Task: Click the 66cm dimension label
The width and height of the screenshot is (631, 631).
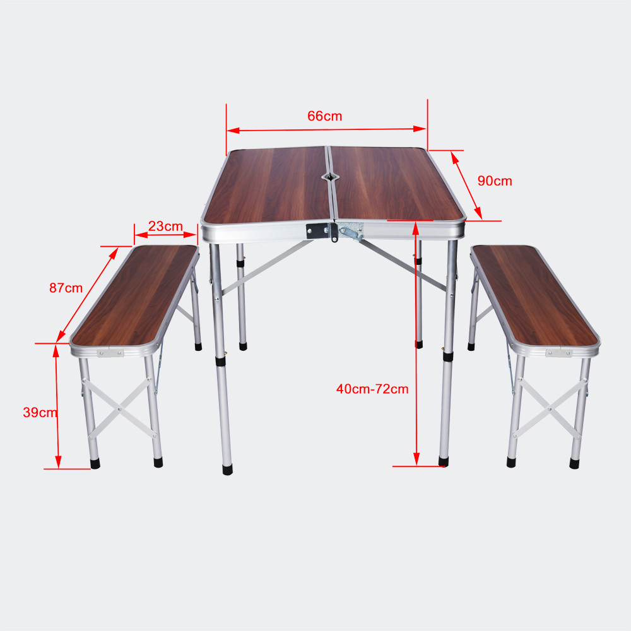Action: pyautogui.click(x=324, y=116)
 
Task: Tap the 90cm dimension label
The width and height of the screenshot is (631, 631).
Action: pyautogui.click(x=495, y=181)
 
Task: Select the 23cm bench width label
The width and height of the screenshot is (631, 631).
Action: pyautogui.click(x=165, y=226)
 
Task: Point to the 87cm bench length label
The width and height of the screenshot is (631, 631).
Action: pyautogui.click(x=66, y=288)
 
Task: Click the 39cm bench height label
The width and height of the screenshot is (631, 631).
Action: pyautogui.click(x=40, y=413)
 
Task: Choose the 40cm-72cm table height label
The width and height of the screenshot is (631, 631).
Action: pyautogui.click(x=372, y=389)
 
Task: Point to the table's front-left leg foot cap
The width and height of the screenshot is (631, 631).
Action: pyautogui.click(x=227, y=469)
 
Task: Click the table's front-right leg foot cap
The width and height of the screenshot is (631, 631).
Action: pyautogui.click(x=444, y=462)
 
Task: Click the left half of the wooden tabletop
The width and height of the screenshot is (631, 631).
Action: pyautogui.click(x=268, y=185)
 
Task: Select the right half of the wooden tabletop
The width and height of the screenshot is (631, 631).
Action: pyautogui.click(x=396, y=184)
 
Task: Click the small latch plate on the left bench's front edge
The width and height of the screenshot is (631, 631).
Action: pyautogui.click(x=110, y=353)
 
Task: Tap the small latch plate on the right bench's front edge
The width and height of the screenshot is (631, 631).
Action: pyautogui.click(x=559, y=353)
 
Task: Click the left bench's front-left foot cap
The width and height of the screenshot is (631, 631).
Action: pyautogui.click(x=95, y=464)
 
